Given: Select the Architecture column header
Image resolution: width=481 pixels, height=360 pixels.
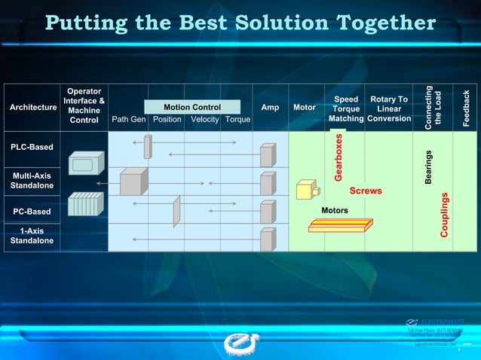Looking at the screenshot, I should [33, 108].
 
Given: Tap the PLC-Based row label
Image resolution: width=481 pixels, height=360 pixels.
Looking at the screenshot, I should [32, 147].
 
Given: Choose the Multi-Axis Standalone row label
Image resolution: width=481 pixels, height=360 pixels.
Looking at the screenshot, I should [32, 181].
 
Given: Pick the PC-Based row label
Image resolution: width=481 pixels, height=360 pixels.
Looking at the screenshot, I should [32, 212].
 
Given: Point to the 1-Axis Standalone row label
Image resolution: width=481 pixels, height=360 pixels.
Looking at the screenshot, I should [32, 236].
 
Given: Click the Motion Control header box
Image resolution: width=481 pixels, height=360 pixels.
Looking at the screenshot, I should [192, 107].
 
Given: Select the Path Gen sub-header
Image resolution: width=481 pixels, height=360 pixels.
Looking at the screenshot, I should [128, 119].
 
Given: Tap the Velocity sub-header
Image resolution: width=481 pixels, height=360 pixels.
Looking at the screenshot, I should [204, 119].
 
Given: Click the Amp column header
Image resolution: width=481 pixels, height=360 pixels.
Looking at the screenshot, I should [270, 108].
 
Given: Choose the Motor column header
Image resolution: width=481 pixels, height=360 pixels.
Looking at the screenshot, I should [305, 108].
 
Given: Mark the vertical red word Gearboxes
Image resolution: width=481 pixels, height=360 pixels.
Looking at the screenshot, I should [339, 157].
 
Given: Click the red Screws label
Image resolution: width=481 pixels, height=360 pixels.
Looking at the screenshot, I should [366, 191].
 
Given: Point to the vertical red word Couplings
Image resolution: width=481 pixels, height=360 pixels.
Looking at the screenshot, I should [445, 215].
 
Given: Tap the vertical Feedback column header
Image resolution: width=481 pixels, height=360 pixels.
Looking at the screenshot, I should [466, 108].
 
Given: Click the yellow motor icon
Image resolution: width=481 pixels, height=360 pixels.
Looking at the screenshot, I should [306, 189].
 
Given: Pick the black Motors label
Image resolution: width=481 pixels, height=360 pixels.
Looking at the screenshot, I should [335, 210].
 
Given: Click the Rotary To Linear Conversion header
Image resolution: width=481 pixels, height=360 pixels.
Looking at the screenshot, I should [389, 108].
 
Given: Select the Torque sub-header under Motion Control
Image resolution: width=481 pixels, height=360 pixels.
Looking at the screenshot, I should [237, 119].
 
